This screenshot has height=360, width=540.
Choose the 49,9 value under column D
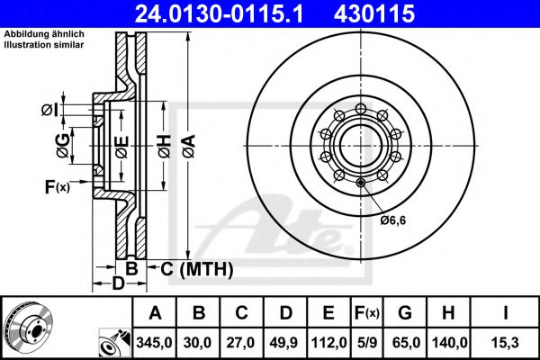[x=286, y=344]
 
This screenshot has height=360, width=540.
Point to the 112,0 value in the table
[x=329, y=344]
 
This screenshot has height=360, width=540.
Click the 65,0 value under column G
[x=404, y=344]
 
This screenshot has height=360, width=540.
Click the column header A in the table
[x=155, y=314]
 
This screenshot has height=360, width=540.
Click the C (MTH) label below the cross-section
[x=196, y=269]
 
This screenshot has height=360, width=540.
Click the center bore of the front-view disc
[x=358, y=141]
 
